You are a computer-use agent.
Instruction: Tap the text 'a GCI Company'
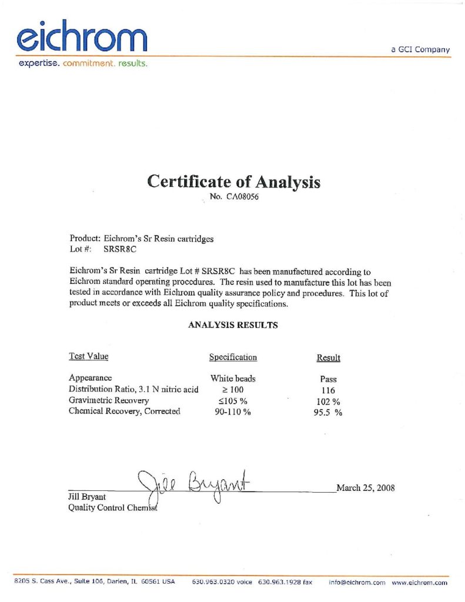(420, 49)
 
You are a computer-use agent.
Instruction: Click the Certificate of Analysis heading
(233, 182)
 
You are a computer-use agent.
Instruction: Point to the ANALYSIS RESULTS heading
(233, 325)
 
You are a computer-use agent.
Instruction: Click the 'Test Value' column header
(89, 356)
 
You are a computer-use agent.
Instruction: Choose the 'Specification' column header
(233, 357)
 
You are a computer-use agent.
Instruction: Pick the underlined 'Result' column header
(328, 358)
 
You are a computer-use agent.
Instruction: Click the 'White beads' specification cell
(233, 379)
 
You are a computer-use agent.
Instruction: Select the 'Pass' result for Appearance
(328, 379)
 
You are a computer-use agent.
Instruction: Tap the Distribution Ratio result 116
(328, 390)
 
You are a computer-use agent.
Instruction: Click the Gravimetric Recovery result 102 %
(328, 402)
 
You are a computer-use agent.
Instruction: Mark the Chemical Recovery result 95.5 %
(328, 413)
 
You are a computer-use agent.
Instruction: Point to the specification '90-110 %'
(233, 412)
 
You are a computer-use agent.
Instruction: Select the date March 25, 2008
(365, 487)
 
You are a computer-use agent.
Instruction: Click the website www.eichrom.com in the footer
(419, 582)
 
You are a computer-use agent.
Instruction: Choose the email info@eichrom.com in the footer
(357, 582)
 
